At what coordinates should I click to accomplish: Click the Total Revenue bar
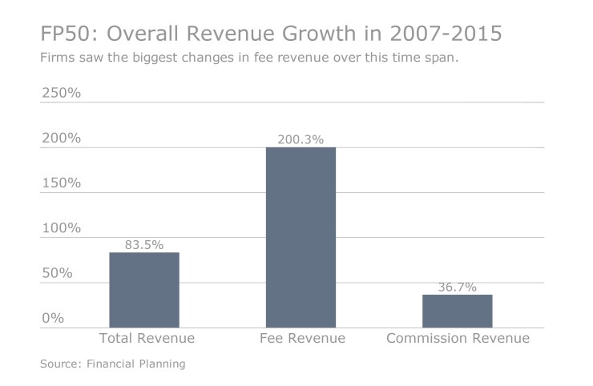tap(144, 290)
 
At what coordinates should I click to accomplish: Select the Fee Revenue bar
tap(301, 238)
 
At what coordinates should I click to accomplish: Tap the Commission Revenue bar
tap(458, 311)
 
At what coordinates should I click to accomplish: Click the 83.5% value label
tap(144, 244)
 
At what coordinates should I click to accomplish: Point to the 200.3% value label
tap(301, 139)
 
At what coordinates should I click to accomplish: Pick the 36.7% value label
tap(458, 287)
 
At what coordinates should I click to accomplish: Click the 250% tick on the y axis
tap(61, 93)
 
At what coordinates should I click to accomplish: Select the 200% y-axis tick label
tap(61, 138)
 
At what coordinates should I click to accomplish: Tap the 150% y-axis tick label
tap(61, 183)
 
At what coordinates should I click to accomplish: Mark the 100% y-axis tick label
tap(61, 228)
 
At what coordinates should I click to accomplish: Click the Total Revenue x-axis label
tap(145, 339)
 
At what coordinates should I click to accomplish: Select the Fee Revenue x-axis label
tap(301, 339)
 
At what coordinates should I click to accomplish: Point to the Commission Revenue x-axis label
tap(458, 339)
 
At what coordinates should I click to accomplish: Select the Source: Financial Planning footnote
tap(112, 364)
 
